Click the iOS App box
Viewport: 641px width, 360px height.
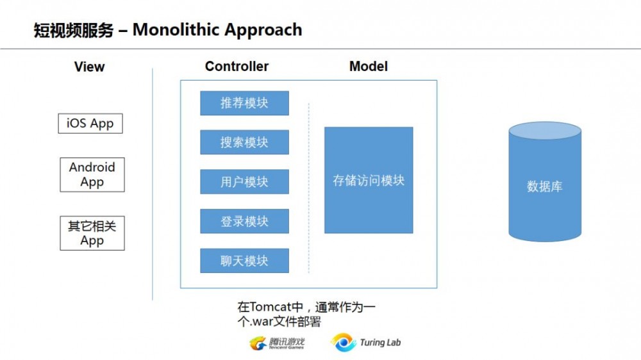[90, 123]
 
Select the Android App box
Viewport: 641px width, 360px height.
[92, 175]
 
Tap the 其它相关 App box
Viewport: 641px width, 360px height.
[92, 233]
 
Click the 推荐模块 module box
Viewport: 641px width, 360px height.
[244, 103]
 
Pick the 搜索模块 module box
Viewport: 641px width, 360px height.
[244, 143]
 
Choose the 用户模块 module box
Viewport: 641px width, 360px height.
[244, 182]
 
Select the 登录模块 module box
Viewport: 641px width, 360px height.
[244, 222]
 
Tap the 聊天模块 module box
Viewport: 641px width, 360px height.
[244, 261]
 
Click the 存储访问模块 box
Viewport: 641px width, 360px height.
[369, 180]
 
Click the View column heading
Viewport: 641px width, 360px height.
[89, 67]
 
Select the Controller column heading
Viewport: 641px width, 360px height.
[237, 66]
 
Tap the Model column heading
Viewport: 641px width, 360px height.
[369, 66]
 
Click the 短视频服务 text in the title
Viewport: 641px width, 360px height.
[74, 29]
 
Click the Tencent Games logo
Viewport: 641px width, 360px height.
[277, 343]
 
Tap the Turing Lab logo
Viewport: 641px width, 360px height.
[366, 343]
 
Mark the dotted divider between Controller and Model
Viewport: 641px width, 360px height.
[309, 186]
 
